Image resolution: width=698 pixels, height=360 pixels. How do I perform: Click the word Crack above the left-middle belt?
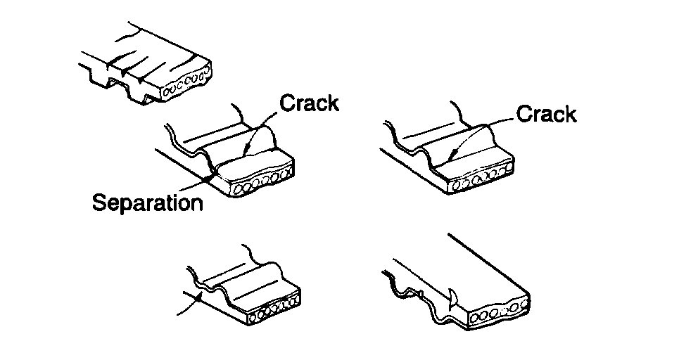point(310,103)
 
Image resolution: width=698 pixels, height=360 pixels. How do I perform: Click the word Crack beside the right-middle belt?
point(546,115)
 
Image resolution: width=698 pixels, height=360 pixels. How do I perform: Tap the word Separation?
point(148,203)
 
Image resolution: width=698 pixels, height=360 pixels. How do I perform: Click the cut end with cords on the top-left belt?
point(186,84)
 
